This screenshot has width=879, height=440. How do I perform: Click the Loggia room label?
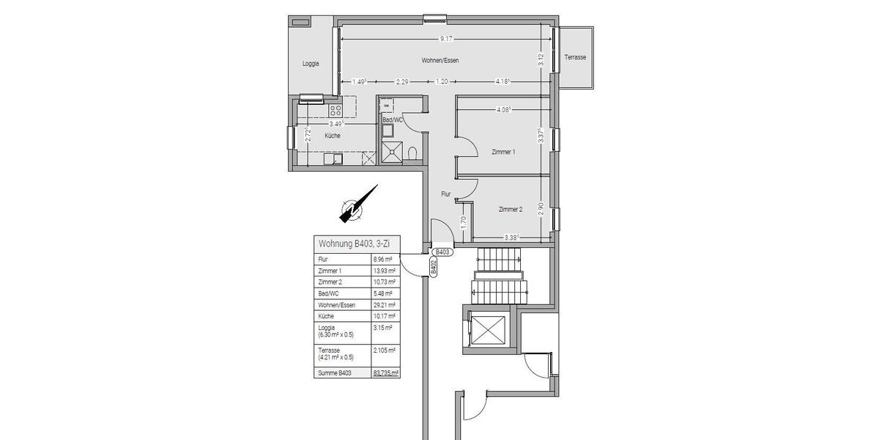point(311,64)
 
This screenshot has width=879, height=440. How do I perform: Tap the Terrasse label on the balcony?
point(575,57)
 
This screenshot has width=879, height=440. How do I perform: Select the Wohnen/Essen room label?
point(440,60)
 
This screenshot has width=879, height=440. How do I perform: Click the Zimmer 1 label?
point(503,152)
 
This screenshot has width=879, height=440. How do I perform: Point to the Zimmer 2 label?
point(510,209)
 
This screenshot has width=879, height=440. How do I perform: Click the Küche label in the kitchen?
point(333,136)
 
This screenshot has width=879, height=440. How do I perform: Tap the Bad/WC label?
point(392,120)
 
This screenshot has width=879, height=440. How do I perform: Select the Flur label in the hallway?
point(445,194)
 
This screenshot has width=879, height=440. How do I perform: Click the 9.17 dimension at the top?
point(445,39)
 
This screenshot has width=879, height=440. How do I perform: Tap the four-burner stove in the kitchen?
point(335,111)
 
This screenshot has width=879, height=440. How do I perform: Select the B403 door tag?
point(442,252)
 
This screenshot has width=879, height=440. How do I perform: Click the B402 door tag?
point(434,267)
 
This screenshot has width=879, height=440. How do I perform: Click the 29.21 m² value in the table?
point(385,304)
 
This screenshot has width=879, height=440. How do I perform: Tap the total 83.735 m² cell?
point(385,373)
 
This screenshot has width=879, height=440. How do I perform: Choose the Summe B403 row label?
point(334,373)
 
